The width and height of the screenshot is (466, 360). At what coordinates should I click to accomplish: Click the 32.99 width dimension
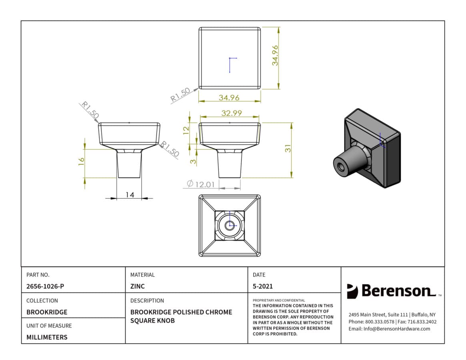232,113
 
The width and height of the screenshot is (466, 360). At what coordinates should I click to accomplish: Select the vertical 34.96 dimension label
275,55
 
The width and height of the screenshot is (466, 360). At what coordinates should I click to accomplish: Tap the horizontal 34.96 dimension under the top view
229,98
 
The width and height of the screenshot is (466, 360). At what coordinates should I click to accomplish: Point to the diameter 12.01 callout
201,184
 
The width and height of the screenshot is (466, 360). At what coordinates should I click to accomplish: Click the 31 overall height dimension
288,148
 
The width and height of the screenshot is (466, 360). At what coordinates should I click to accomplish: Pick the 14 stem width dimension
130,195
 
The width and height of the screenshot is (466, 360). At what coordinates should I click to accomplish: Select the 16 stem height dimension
81,162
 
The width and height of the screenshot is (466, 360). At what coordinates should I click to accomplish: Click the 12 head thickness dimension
186,130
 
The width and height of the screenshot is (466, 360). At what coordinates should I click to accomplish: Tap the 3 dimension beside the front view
193,162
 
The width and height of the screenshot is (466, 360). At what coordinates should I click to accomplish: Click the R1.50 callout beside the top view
180,94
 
